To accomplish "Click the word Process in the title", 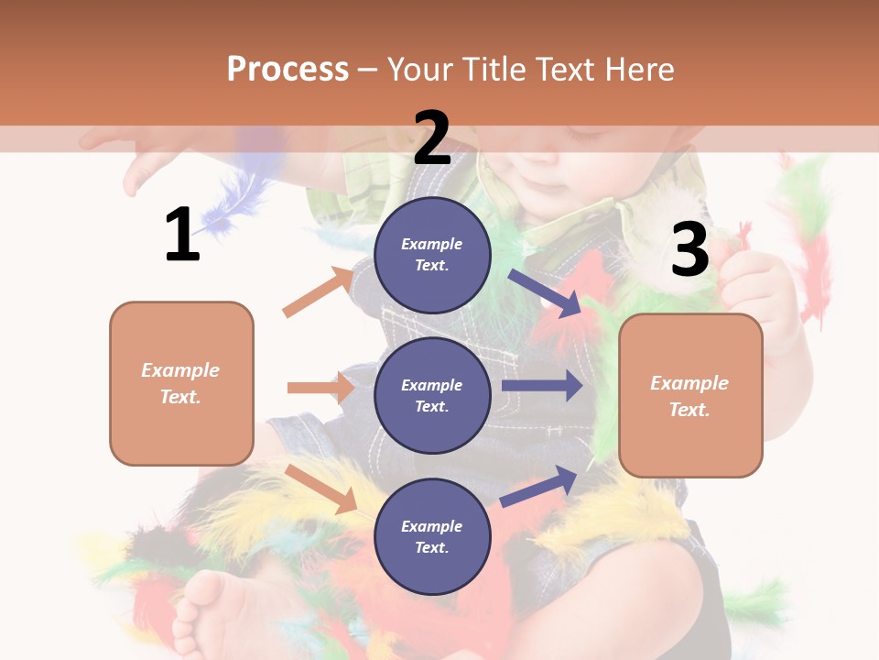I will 288,70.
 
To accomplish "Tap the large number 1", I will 182,235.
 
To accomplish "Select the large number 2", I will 432,137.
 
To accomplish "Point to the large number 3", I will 689,249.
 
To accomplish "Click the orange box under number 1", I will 181,383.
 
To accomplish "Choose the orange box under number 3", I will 690,395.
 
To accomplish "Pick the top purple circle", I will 432,255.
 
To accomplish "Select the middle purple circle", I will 432,395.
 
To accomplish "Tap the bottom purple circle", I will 432,536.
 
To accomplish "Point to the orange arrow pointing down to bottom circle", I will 320,489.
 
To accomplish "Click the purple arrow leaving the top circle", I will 545,293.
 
